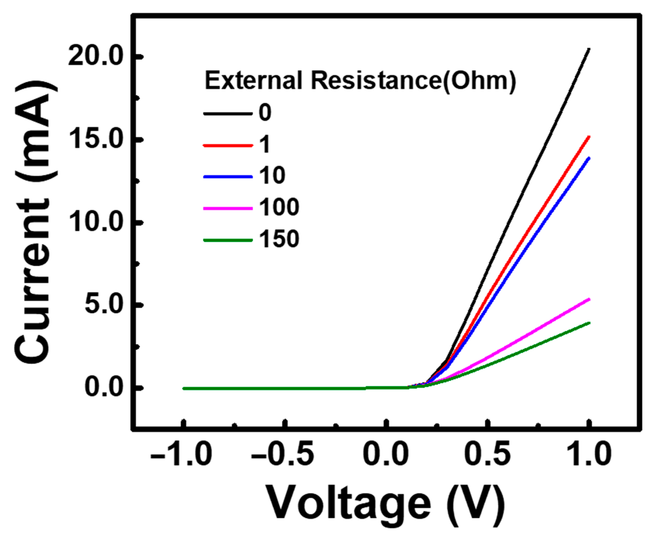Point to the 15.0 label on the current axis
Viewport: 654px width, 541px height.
[95, 140]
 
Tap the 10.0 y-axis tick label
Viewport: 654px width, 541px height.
[95, 223]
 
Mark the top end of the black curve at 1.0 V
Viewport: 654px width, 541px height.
[589, 49]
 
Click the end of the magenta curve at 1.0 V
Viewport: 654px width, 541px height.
[589, 299]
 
